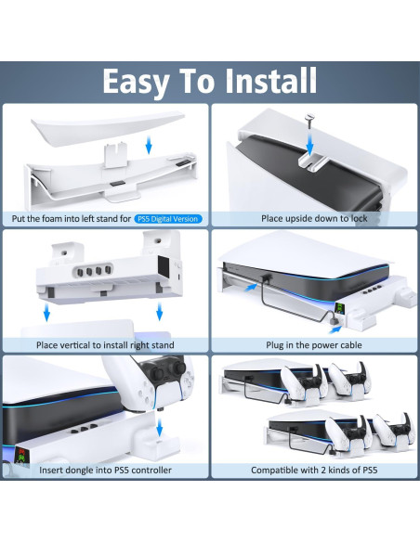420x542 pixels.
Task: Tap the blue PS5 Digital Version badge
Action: [x=168, y=219]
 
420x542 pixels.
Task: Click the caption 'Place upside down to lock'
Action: [x=314, y=219]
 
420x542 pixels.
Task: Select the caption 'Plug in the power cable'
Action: [x=314, y=345]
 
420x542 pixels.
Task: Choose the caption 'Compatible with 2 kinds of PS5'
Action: [x=314, y=471]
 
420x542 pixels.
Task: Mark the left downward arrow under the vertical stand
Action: [x=46, y=316]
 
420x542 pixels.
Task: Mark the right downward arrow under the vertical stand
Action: [x=164, y=316]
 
